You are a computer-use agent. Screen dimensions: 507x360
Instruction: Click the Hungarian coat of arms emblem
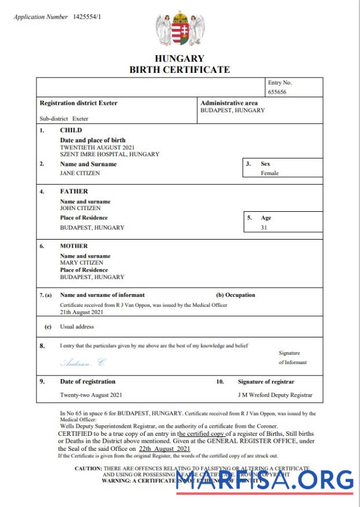[179, 30]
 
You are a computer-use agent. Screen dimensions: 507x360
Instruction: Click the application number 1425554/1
[87, 17]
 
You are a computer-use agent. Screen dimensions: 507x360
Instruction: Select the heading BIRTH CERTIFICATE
[179, 70]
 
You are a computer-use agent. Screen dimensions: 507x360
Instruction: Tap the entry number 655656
[277, 92]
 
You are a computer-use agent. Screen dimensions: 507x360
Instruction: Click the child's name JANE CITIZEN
[80, 173]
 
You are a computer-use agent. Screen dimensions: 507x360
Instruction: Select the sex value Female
[270, 173]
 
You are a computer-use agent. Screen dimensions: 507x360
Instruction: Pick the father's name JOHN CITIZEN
[80, 208]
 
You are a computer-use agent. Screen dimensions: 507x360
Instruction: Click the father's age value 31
[264, 227]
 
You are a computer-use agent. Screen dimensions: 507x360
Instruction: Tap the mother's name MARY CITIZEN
[82, 263]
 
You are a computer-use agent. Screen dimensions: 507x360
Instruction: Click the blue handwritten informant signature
[84, 363]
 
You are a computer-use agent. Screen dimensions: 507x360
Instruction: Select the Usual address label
[77, 326]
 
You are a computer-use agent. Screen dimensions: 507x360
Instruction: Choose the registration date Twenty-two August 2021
[91, 395]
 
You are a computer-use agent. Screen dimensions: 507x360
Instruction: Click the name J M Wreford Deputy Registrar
[275, 395]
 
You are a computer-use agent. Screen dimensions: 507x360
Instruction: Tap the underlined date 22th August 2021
[164, 449]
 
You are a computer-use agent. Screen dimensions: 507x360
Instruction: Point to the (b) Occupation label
[236, 295]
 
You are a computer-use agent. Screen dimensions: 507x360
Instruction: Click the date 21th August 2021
[82, 312]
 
